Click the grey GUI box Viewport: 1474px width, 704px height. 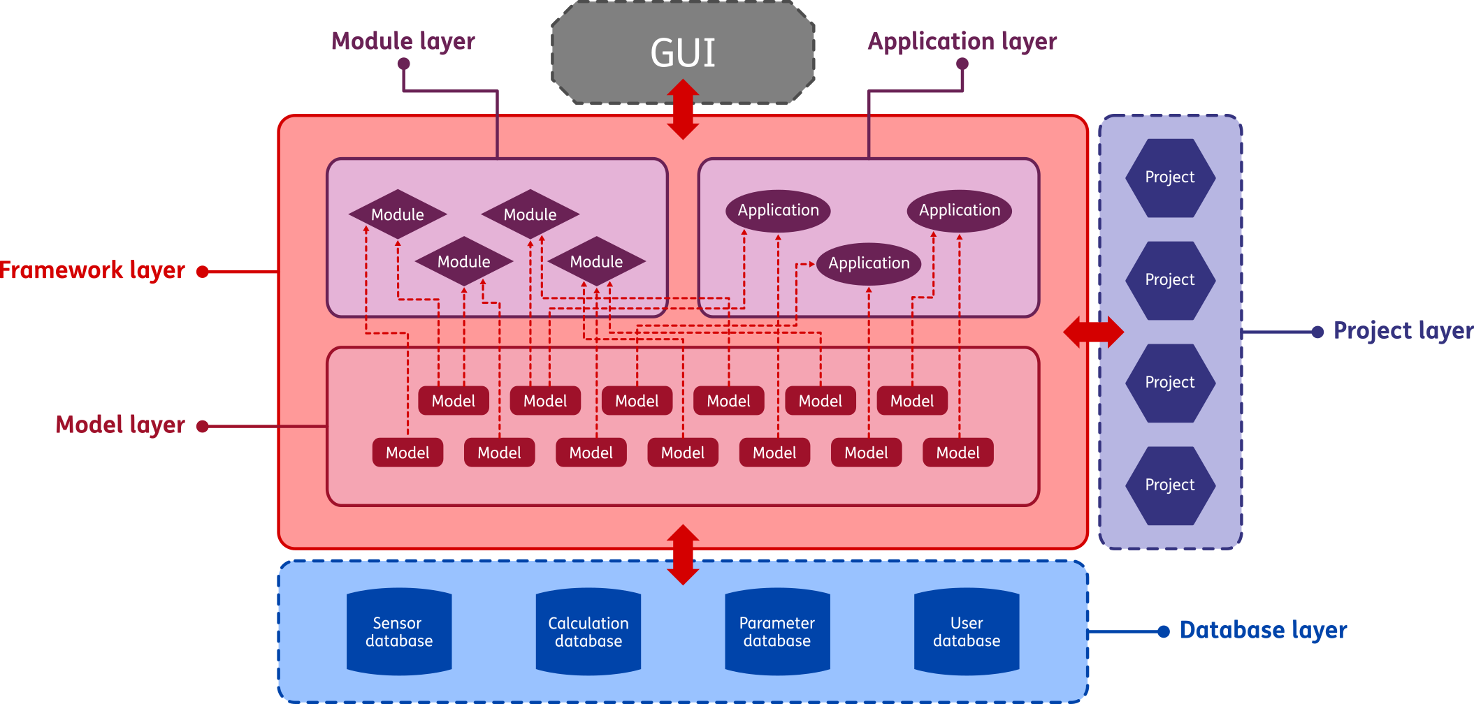click(x=683, y=53)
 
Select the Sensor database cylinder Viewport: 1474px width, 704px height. click(x=399, y=632)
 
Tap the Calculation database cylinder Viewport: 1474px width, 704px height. click(x=588, y=632)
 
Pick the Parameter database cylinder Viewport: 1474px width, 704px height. click(x=777, y=632)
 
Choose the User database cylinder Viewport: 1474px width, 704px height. click(x=967, y=632)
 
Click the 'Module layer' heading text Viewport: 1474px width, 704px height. click(x=403, y=41)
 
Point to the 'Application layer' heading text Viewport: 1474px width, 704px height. click(x=962, y=41)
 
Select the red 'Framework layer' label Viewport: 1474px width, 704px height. click(x=92, y=271)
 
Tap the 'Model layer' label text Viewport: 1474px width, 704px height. click(x=120, y=425)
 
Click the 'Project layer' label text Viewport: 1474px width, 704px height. click(x=1403, y=330)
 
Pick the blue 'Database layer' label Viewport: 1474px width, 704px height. click(x=1263, y=630)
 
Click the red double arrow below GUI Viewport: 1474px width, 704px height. click(x=683, y=109)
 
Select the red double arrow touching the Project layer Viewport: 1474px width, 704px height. click(x=1093, y=332)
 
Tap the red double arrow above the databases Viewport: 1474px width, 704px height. click(x=683, y=555)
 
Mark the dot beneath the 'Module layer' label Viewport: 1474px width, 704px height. click(x=403, y=64)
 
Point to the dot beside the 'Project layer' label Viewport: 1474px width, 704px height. click(x=1317, y=332)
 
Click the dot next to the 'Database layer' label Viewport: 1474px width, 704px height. click(x=1164, y=632)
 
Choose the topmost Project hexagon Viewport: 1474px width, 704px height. click(x=1170, y=178)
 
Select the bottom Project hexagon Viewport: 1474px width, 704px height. click(x=1170, y=485)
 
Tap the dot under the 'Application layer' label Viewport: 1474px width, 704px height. click(x=962, y=64)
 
